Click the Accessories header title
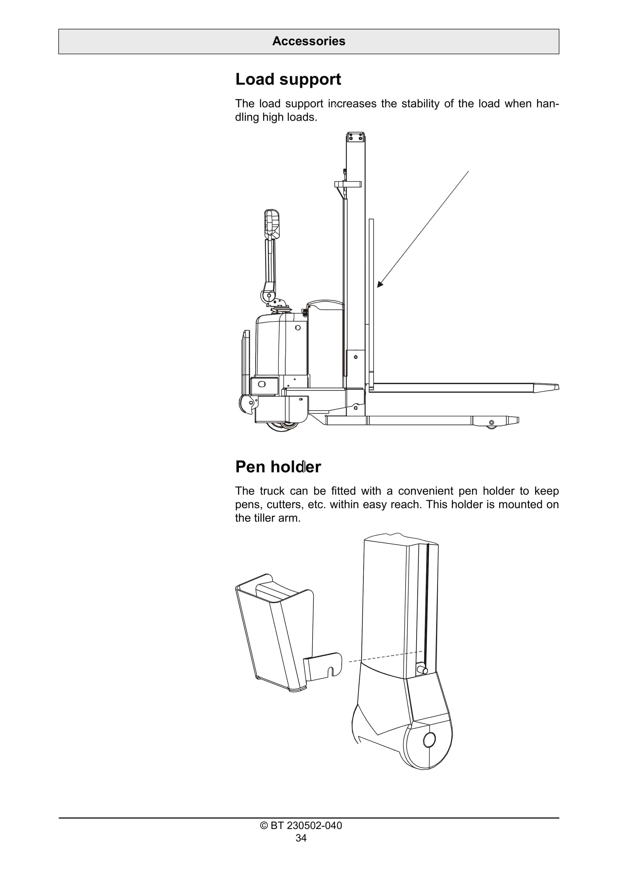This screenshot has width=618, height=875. point(309,41)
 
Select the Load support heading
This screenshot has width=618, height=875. point(288,79)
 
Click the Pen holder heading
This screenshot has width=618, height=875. point(278,467)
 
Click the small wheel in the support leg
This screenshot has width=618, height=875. point(492,423)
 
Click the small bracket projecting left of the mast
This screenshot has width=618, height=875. point(347,184)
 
